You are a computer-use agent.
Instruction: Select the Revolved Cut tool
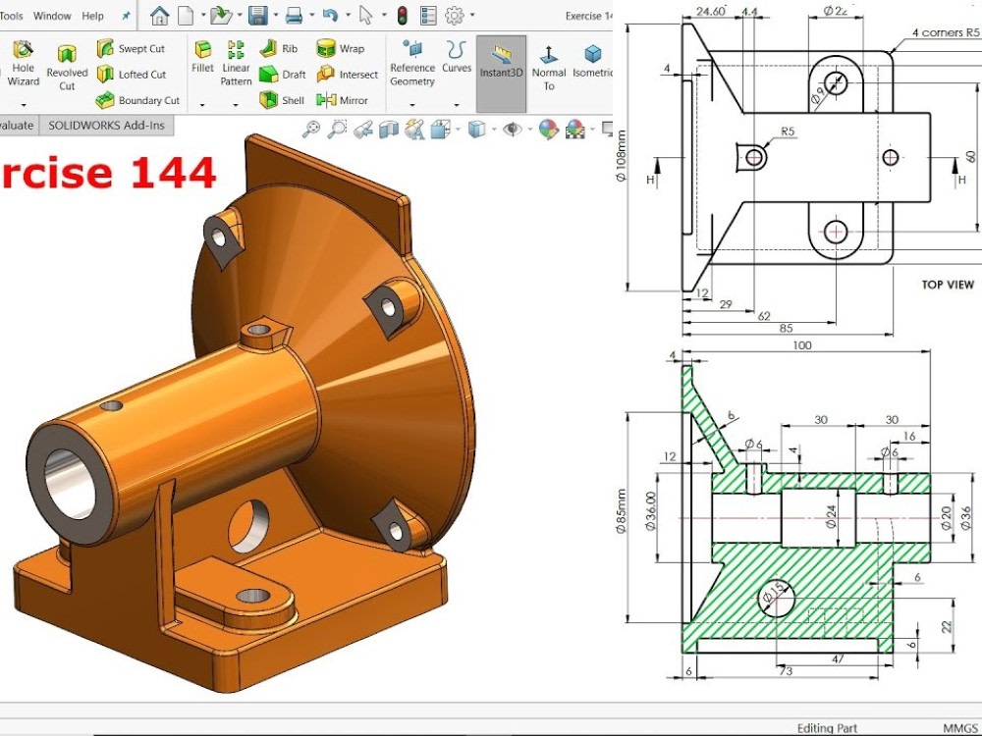67,66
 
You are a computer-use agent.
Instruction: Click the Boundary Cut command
137,100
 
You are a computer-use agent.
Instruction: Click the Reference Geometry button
412,63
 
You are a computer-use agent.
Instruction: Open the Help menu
92,16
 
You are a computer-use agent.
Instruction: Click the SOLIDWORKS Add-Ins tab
106,125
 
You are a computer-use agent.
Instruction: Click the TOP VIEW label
947,285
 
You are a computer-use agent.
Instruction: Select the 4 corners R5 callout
945,32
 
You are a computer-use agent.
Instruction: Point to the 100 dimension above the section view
803,345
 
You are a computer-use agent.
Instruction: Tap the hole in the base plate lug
253,596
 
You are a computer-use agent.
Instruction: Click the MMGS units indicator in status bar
960,728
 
